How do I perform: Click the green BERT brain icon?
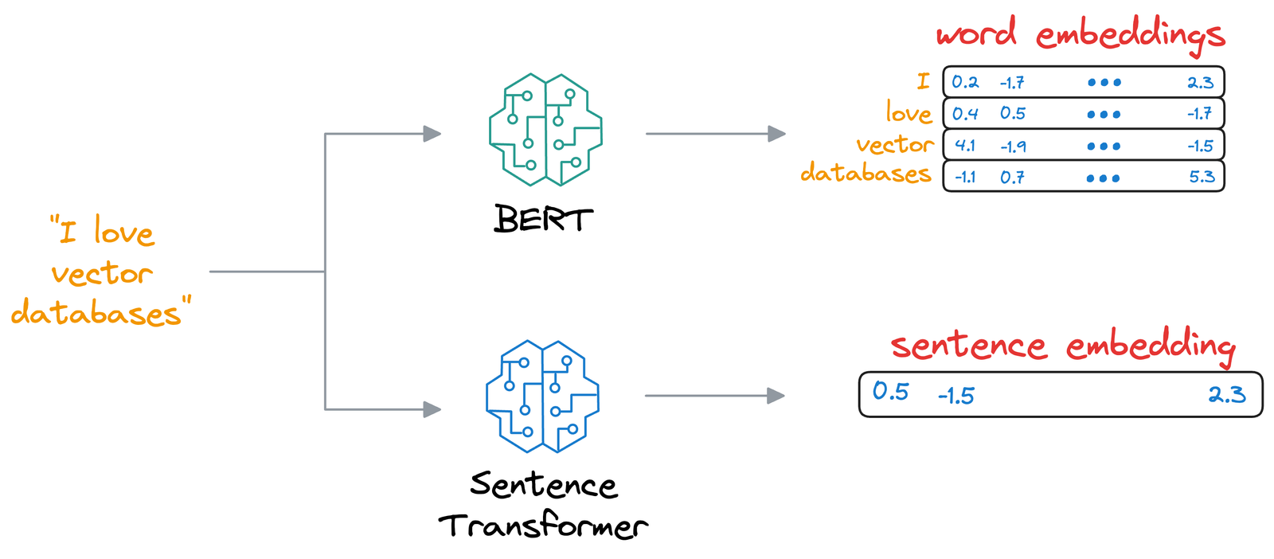point(545,130)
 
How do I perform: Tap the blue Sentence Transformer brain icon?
point(543,396)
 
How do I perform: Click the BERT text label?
point(543,219)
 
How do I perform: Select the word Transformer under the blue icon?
point(543,526)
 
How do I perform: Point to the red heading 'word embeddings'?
point(1080,33)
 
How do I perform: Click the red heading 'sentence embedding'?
point(1062,346)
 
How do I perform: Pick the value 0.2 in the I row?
point(965,82)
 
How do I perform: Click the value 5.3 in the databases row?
point(1202,177)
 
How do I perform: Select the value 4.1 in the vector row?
point(965,146)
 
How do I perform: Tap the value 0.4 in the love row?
point(965,114)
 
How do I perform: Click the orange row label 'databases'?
point(866,173)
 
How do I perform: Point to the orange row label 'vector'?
point(894,144)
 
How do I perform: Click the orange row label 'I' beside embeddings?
point(923,81)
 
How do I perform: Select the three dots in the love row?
point(1104,115)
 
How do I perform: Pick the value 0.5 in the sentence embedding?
point(890,391)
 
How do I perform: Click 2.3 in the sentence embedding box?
point(1226,394)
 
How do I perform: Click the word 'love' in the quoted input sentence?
point(123,233)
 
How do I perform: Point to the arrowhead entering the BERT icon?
point(432,134)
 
